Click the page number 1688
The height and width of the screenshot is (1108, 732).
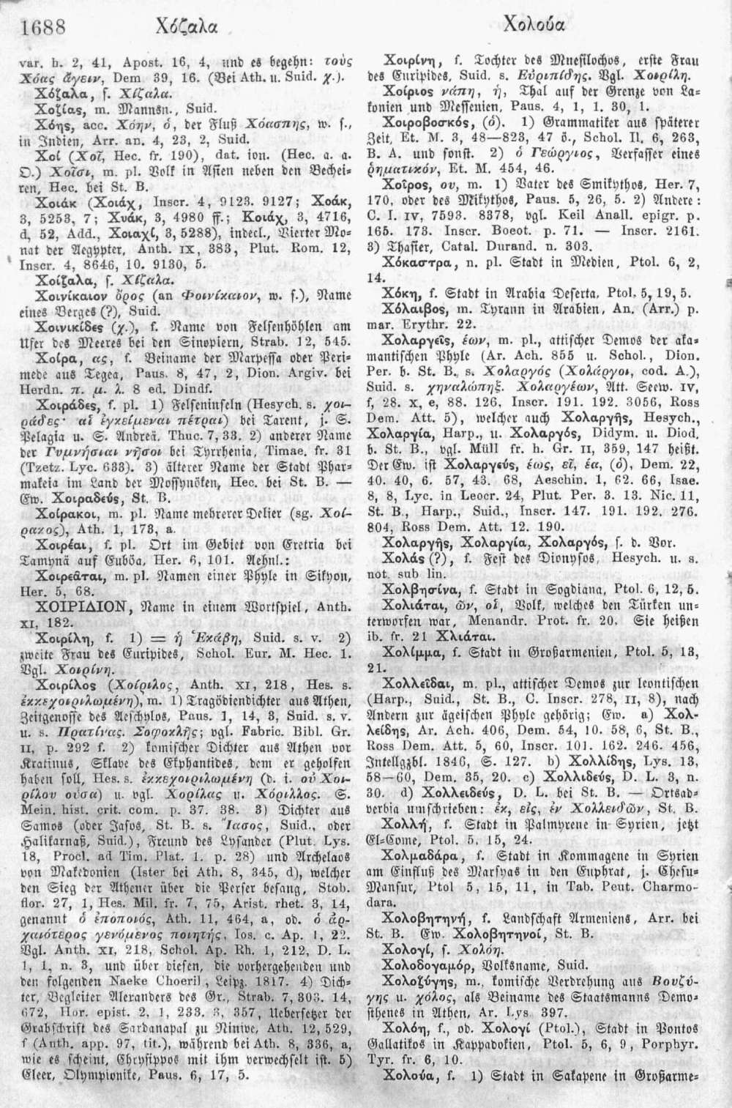(x=45, y=27)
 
